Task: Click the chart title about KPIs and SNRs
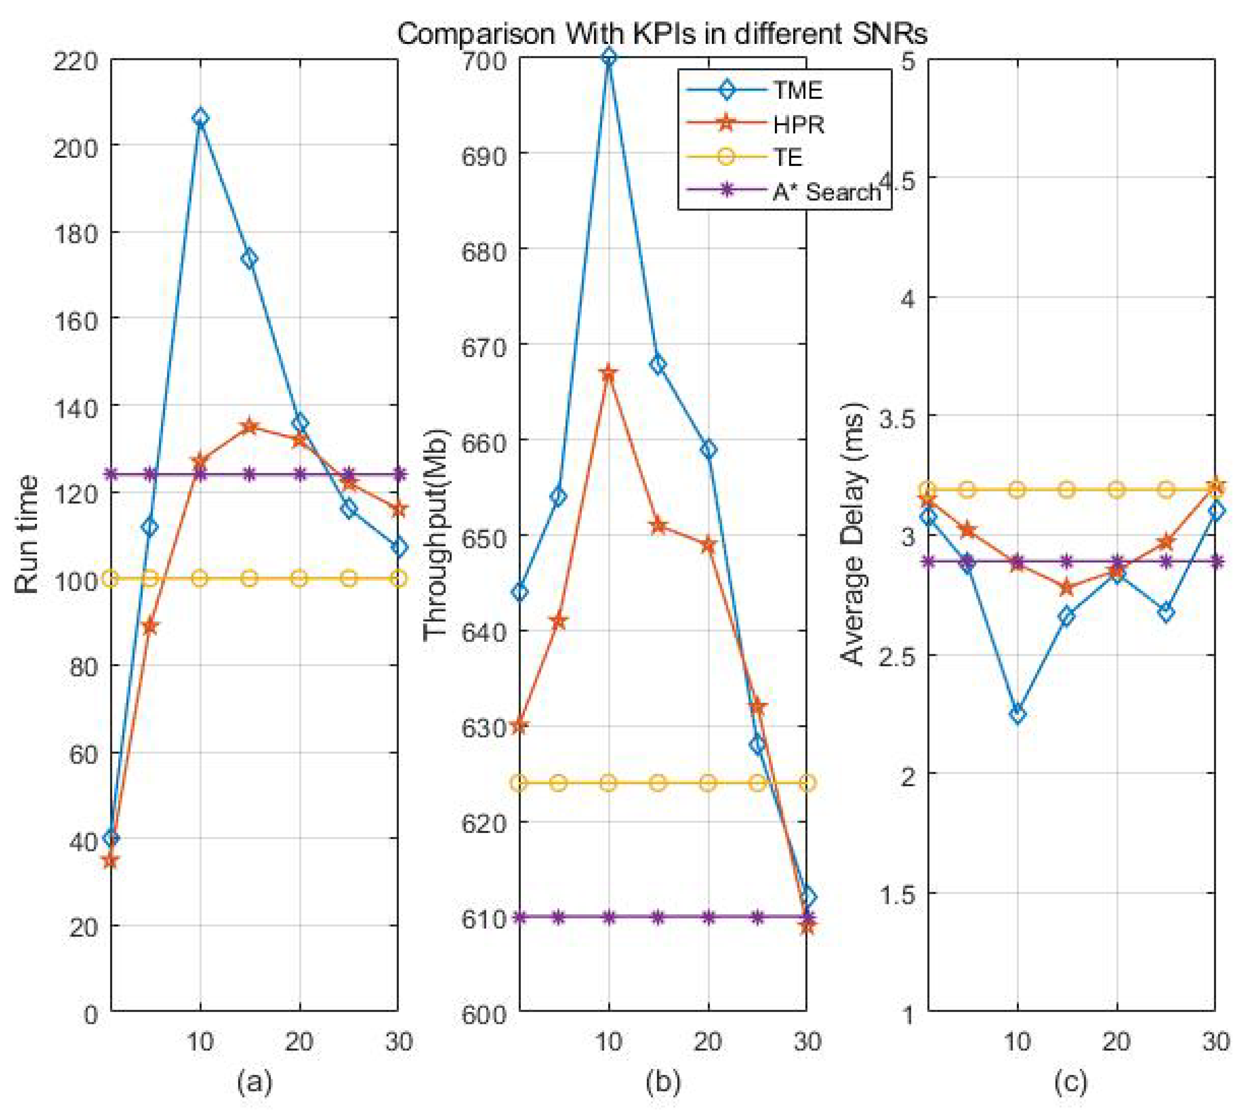(662, 34)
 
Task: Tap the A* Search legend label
(826, 191)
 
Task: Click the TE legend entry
(788, 157)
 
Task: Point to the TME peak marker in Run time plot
(200, 118)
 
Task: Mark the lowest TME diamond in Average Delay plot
(1017, 714)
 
